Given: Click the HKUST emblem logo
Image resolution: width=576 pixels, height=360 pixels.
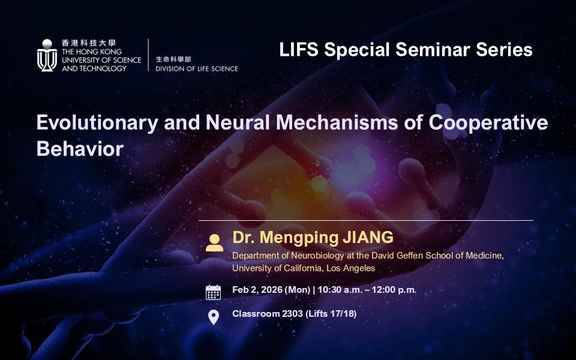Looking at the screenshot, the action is pos(47,55).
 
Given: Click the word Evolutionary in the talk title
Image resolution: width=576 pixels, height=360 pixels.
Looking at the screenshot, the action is pos(97,123).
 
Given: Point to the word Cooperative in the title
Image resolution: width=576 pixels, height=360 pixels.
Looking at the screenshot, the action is pos(488,123).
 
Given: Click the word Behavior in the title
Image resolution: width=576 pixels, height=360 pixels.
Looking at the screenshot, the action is pos(80,149).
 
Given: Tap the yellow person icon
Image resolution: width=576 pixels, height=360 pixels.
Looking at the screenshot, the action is pos(215,243).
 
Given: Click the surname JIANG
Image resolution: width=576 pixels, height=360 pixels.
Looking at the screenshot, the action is pos(368,238).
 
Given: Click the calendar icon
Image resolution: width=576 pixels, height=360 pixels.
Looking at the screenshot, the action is pos(213,292).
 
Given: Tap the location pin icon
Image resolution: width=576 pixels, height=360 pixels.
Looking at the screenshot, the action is pos(214,317).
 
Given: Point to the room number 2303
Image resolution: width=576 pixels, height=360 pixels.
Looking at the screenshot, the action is pos(292,314).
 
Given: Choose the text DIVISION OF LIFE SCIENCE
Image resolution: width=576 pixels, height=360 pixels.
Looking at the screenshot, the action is pos(197,68).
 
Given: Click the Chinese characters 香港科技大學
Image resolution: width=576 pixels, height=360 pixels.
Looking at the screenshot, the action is pos(89,43).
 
